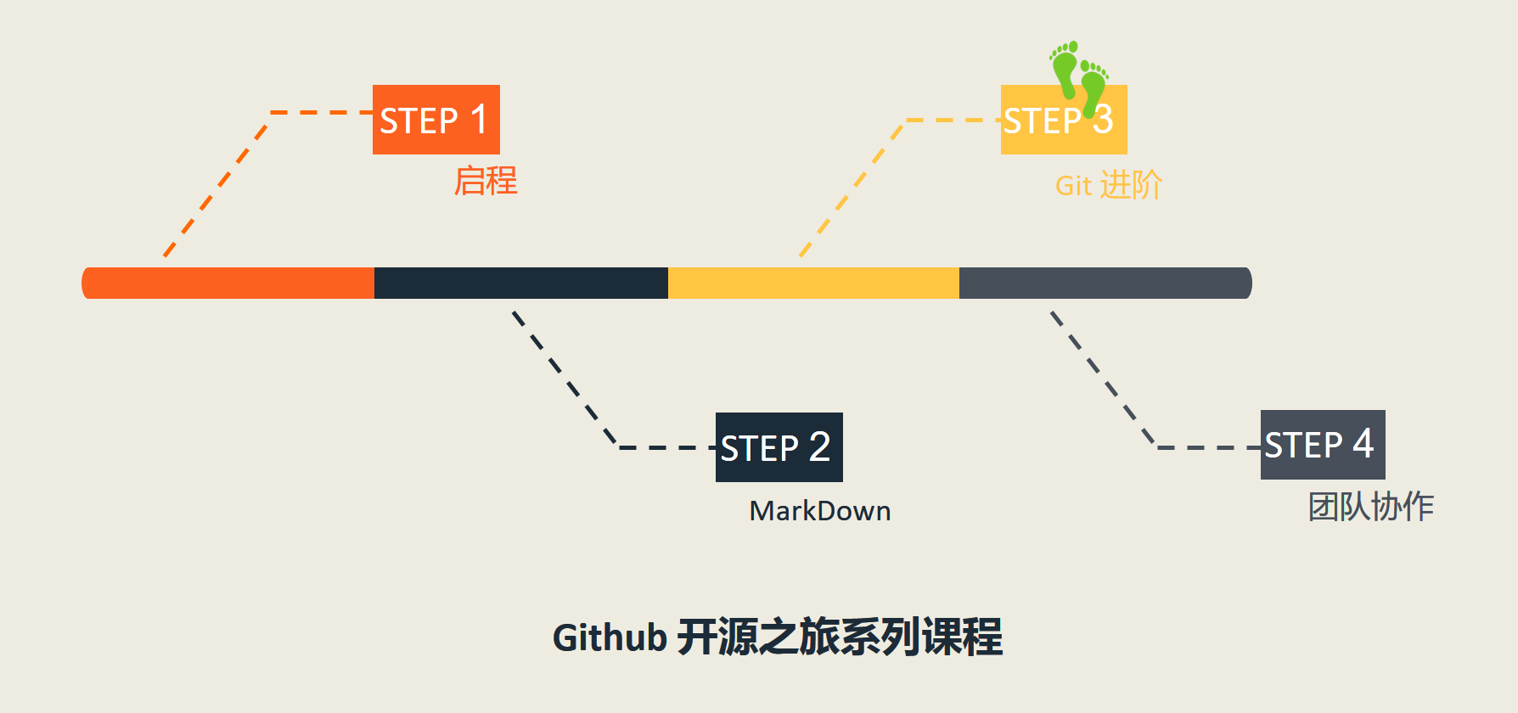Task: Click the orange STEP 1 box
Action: [x=436, y=120]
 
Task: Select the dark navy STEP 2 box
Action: [x=779, y=447]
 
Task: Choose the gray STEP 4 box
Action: [x=1322, y=445]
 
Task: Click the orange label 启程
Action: [x=486, y=181]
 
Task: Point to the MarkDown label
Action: [x=819, y=511]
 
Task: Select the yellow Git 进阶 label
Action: [x=1108, y=185]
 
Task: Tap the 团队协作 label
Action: [x=1370, y=507]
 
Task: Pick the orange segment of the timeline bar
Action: [x=229, y=283]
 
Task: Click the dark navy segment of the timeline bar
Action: [x=520, y=283]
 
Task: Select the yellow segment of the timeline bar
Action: [x=813, y=283]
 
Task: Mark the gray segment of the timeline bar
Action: [x=1104, y=283]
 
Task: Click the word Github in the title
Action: [x=610, y=638]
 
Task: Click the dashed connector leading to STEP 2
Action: [x=565, y=379]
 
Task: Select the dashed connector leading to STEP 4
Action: [x=1102, y=379]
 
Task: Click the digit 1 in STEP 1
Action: [x=479, y=119]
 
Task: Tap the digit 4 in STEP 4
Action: [x=1363, y=443]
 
